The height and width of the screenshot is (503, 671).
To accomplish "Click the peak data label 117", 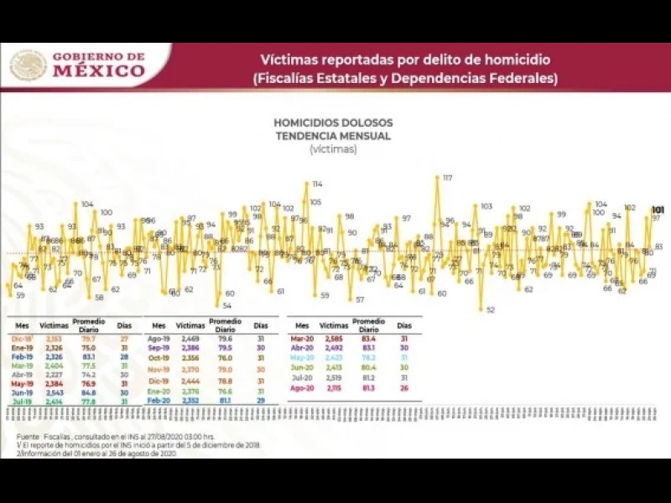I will pos(448,178).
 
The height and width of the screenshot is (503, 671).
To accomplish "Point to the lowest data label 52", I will pos(491,310).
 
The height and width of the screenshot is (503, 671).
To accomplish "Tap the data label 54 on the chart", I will pos(227,306).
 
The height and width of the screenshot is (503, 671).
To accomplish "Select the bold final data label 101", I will pos(658,210).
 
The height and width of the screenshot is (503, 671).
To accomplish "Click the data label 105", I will pos(315,202).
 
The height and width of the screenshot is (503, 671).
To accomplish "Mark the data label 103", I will pos(486,206).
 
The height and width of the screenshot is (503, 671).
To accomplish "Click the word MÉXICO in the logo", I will pos(99,71).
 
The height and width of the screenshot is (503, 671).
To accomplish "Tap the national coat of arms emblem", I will pos(28,65).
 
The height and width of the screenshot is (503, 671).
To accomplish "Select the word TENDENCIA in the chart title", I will pos(306,136).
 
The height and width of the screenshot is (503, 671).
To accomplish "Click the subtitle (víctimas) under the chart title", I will pos(333,149).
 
